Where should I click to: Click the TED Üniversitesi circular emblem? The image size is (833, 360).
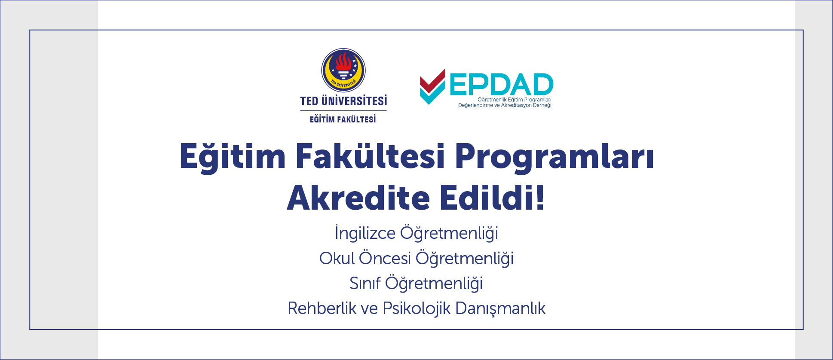(x=343, y=70)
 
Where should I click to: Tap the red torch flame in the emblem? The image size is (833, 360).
(x=343, y=61)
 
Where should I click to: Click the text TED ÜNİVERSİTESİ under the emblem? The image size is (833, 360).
(x=343, y=101)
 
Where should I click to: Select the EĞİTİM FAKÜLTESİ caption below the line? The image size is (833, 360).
(x=343, y=119)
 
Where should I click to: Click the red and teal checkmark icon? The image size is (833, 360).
(x=432, y=86)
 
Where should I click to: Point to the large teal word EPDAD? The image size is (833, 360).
(x=501, y=84)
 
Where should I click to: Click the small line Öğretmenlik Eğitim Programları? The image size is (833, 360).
(x=514, y=100)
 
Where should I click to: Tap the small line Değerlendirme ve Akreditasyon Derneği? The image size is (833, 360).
(x=505, y=105)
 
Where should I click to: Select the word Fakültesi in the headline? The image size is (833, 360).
(x=370, y=156)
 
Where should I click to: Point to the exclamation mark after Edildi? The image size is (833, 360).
(x=540, y=198)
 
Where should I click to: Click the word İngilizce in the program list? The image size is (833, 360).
(x=365, y=233)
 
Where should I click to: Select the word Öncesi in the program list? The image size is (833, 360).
(x=385, y=258)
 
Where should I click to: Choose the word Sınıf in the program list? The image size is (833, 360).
(x=365, y=284)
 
